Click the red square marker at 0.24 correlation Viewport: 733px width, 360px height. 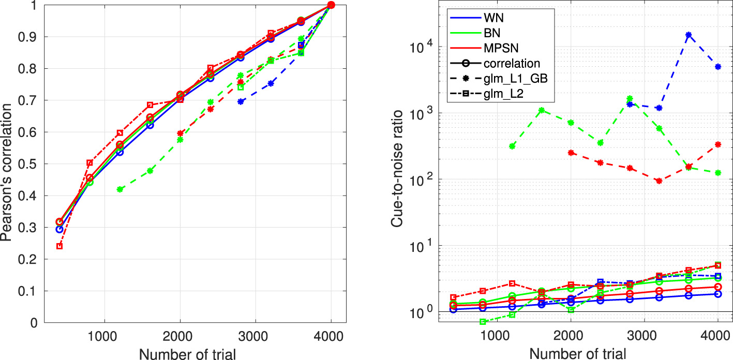click(59, 246)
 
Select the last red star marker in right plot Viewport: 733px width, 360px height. click(717, 145)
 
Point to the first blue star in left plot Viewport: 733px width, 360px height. click(241, 101)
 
